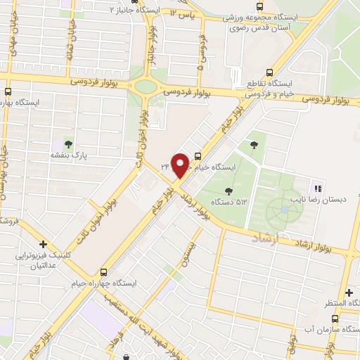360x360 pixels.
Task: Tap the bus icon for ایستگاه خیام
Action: pos(198,156)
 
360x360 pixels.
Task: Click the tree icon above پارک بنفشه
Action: pos(68,143)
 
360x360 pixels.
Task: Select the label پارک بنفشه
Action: pos(68,155)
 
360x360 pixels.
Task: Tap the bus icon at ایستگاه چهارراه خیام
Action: pos(104,271)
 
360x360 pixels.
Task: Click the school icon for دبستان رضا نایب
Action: pos(318,188)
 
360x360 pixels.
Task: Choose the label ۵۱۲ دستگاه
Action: pos(233,202)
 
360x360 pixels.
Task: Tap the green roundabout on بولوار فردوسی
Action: pos(147,87)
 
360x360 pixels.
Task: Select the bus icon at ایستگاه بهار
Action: pos(8,91)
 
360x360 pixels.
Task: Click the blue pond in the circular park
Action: pos(284,209)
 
